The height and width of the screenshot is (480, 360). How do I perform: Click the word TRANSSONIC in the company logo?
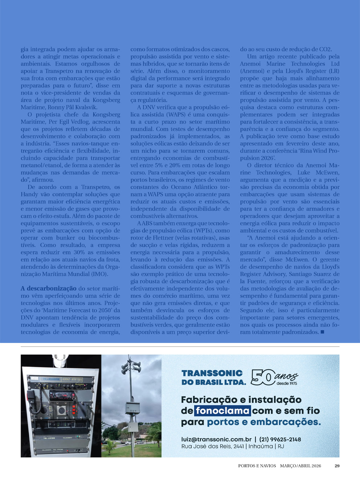212,373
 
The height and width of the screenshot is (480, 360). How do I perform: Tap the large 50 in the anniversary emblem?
262,377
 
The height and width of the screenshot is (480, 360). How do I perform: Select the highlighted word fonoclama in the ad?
222,411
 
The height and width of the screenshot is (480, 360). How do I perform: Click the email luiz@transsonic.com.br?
216,439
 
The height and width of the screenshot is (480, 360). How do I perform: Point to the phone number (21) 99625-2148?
280,439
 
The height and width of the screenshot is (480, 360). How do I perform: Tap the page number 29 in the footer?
337,466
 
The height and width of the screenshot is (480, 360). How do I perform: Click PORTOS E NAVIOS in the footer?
257,466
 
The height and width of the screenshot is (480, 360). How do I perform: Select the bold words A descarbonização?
49,289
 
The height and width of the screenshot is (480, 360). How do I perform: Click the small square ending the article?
322,332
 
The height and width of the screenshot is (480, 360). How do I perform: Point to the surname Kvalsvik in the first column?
86,107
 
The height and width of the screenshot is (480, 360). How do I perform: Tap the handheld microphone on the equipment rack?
31,396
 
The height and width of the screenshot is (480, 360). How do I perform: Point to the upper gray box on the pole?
132,407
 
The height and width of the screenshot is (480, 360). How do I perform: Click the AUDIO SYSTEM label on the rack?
72,379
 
